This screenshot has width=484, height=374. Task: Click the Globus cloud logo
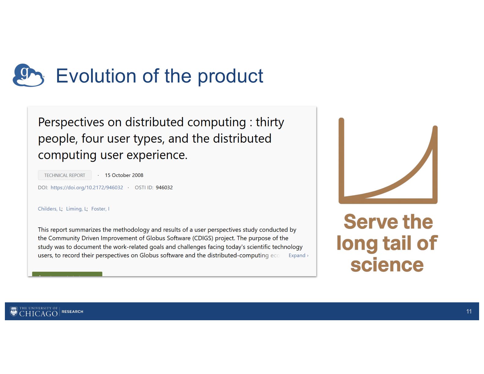tap(28, 75)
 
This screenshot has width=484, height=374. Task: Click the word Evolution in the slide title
tap(96, 76)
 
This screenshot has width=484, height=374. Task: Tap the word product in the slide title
tap(230, 77)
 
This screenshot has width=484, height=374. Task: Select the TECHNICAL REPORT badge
tap(64, 175)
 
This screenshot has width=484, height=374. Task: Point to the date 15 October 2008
tap(124, 175)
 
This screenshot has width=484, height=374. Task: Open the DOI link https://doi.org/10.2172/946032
tap(87, 188)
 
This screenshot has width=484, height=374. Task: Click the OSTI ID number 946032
tap(164, 188)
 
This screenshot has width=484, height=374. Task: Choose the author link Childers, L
tap(50, 209)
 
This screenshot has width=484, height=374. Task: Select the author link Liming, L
tap(76, 209)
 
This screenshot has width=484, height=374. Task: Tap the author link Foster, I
tap(100, 209)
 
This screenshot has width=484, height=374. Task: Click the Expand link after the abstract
tap(299, 255)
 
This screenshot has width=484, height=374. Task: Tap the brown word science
tap(387, 265)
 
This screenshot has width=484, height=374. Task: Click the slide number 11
tap(469, 311)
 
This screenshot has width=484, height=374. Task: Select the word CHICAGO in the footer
tap(38, 313)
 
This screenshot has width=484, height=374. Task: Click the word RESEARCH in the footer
tap(72, 312)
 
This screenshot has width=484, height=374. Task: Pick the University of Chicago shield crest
tap(14, 311)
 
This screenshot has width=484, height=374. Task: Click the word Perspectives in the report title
tap(71, 122)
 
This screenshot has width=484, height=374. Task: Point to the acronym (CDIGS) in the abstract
tap(203, 238)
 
